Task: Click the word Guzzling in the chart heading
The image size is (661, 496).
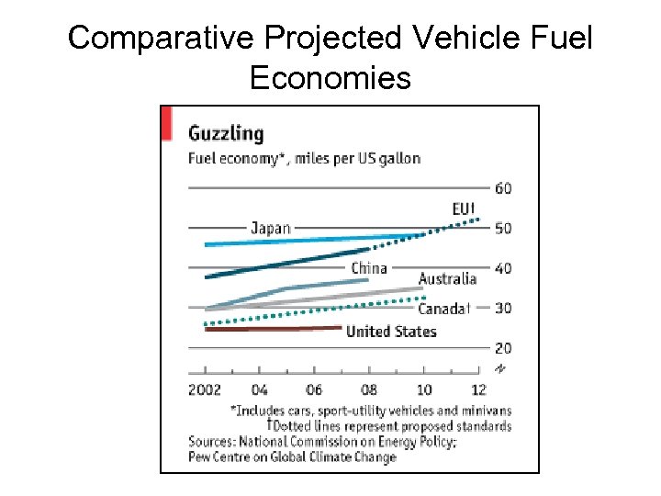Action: [225, 133]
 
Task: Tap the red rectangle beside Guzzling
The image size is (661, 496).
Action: [167, 123]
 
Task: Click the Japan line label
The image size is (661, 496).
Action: [271, 228]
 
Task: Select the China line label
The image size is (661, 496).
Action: [369, 268]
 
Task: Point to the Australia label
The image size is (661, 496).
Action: [447, 278]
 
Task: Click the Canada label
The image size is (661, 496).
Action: [443, 309]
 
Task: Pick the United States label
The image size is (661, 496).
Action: [391, 332]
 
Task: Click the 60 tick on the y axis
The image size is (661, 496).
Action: [503, 189]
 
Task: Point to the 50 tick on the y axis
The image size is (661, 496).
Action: [503, 229]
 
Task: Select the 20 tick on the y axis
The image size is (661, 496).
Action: [503, 348]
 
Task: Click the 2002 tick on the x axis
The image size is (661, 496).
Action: [204, 389]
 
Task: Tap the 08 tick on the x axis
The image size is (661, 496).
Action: [368, 389]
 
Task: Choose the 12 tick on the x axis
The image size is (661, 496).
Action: [478, 389]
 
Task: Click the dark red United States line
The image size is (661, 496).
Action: [275, 328]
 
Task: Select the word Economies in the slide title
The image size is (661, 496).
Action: [330, 78]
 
